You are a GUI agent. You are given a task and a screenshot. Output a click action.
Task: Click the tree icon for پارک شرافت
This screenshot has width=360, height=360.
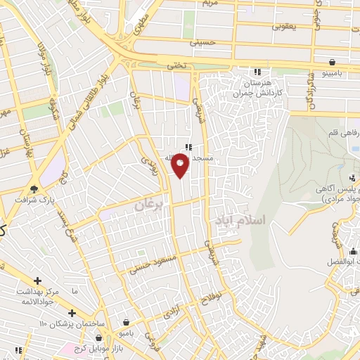pyautogui.click(x=34, y=188)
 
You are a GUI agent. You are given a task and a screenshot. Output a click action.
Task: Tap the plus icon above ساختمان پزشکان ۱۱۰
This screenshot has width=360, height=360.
pyautogui.click(x=72, y=312)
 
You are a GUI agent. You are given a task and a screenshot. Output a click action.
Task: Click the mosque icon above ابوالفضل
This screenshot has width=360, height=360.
pyautogui.click(x=354, y=250)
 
